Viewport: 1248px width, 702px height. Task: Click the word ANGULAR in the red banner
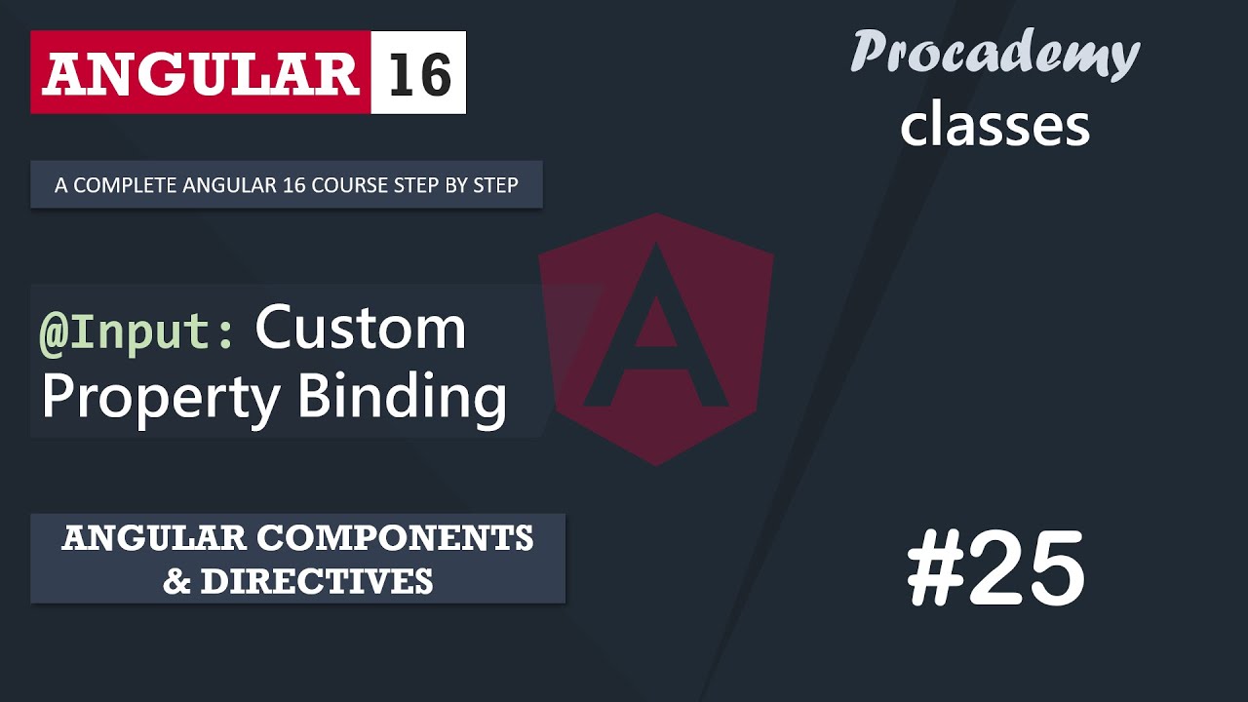click(200, 73)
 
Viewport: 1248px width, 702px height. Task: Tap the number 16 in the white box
click(419, 73)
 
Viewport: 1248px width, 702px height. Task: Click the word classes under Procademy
click(994, 126)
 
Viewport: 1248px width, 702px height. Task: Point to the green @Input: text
click(136, 331)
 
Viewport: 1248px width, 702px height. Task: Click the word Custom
click(361, 329)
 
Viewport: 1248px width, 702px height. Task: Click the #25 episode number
click(995, 571)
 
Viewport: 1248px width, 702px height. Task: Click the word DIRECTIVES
click(317, 581)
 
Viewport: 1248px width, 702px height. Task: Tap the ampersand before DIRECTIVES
click(176, 581)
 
